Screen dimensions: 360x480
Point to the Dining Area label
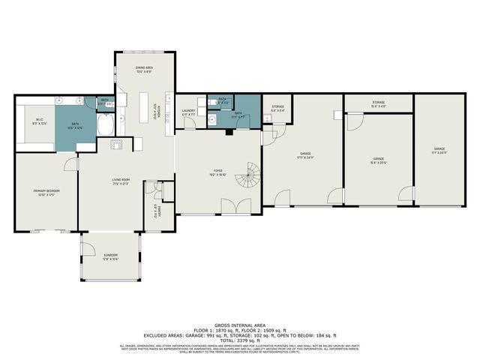[x=145, y=71]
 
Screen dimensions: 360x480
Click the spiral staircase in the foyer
[x=247, y=178]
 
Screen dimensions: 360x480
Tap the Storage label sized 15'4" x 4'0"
[x=378, y=104]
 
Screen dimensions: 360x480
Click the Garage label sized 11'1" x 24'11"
[x=439, y=151]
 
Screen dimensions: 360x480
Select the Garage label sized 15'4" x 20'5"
[x=379, y=160]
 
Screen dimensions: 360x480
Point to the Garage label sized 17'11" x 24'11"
[x=305, y=155]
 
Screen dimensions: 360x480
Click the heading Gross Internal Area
[x=240, y=325]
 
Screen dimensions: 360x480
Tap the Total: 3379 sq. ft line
[x=240, y=339]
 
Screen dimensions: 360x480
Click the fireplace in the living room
[x=116, y=145]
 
